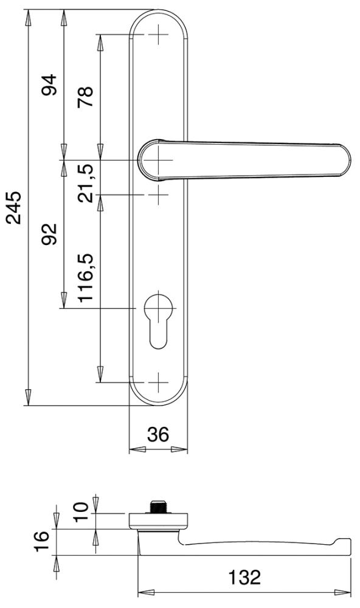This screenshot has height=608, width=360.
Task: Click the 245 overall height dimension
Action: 13,207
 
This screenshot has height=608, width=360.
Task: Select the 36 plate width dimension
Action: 158,435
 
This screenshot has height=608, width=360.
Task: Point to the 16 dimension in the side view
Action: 40,540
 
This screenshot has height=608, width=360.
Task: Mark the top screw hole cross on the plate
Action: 158,35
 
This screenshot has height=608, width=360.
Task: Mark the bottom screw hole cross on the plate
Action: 158,382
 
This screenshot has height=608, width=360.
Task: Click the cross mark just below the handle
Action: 158,195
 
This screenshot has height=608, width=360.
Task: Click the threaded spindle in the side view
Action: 158,506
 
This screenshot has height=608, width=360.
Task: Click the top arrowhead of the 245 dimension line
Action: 27,17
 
